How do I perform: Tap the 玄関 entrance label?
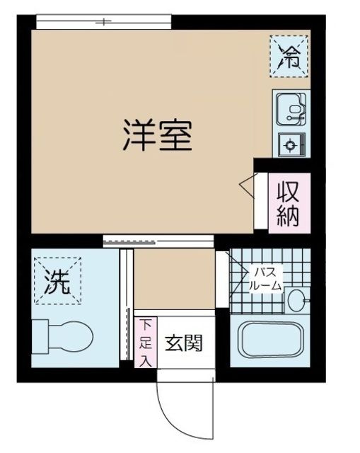(185, 344)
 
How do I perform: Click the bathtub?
(269, 342)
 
